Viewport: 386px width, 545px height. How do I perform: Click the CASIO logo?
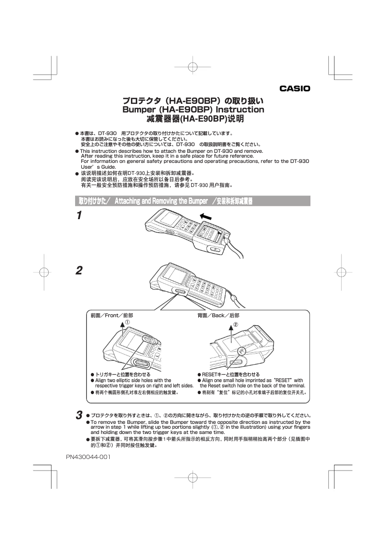[295, 88]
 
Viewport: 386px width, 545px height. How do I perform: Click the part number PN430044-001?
[89, 456]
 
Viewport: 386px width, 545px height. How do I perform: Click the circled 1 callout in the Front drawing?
[127, 322]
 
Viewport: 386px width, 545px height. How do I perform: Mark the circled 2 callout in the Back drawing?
[235, 325]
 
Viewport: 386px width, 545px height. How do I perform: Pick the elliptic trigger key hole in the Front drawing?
[141, 362]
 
